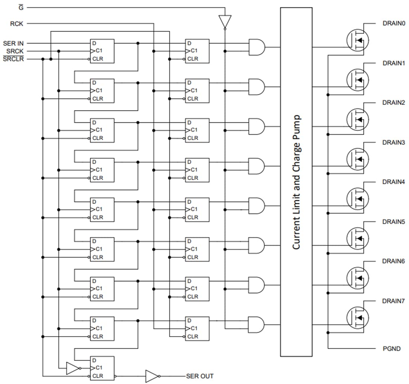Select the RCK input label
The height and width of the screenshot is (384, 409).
(x=17, y=24)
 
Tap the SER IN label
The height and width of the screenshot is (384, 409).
(x=13, y=44)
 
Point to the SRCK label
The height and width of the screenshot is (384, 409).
(x=15, y=51)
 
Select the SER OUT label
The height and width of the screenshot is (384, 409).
(x=200, y=376)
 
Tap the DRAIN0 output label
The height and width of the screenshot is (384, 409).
(x=393, y=23)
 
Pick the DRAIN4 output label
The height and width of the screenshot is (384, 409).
(x=393, y=182)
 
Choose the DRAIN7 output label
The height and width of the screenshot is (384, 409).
(x=393, y=301)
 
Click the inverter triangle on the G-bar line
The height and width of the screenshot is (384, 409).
(x=225, y=22)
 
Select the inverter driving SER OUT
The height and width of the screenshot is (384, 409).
(x=152, y=376)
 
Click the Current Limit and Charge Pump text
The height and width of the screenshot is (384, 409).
(x=296, y=182)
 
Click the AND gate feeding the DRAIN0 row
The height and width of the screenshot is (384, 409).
(x=257, y=47)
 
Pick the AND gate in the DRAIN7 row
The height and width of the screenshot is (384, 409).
(x=257, y=325)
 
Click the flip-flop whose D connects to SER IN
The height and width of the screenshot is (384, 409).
(x=102, y=51)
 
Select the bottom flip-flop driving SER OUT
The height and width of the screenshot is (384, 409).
(x=102, y=368)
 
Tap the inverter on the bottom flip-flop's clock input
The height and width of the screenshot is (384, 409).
(x=73, y=368)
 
